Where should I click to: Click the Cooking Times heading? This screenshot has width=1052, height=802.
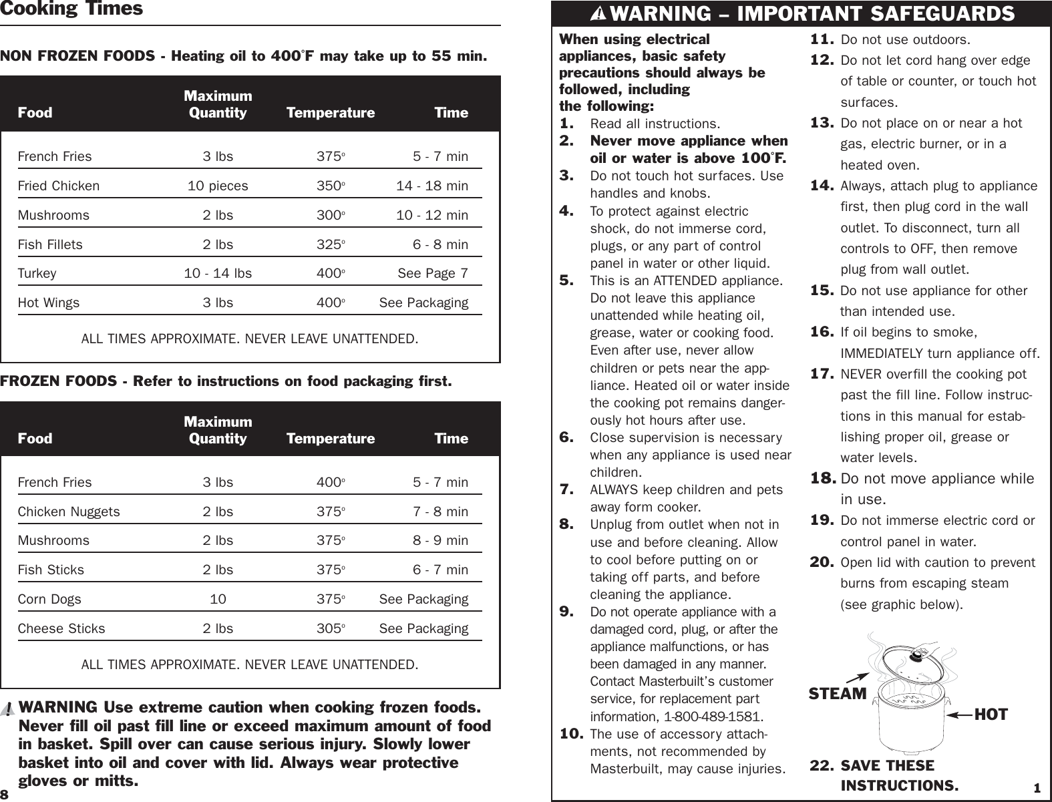tap(71, 9)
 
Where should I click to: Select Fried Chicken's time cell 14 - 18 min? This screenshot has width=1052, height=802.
tap(431, 186)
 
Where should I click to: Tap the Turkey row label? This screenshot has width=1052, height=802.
tap(37, 274)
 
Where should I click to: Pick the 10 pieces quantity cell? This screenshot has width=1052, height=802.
tap(218, 186)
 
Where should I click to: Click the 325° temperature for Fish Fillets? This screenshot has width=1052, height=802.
tap(330, 244)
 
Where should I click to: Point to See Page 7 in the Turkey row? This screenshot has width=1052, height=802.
tap(432, 274)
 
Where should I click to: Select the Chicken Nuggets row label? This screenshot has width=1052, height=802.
tap(69, 512)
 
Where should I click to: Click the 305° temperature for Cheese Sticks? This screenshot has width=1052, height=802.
tap(330, 628)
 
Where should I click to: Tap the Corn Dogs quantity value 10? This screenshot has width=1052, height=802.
tap(218, 599)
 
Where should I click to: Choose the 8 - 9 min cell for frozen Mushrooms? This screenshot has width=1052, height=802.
tap(440, 540)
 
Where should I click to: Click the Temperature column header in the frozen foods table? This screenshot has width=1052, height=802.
tap(331, 439)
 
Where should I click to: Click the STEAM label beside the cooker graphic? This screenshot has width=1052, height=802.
tap(837, 694)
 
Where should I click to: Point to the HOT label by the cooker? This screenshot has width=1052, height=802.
tap(991, 715)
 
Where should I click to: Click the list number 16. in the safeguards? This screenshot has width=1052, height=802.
tap(822, 332)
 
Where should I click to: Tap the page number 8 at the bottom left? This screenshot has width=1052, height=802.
tap(5, 795)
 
